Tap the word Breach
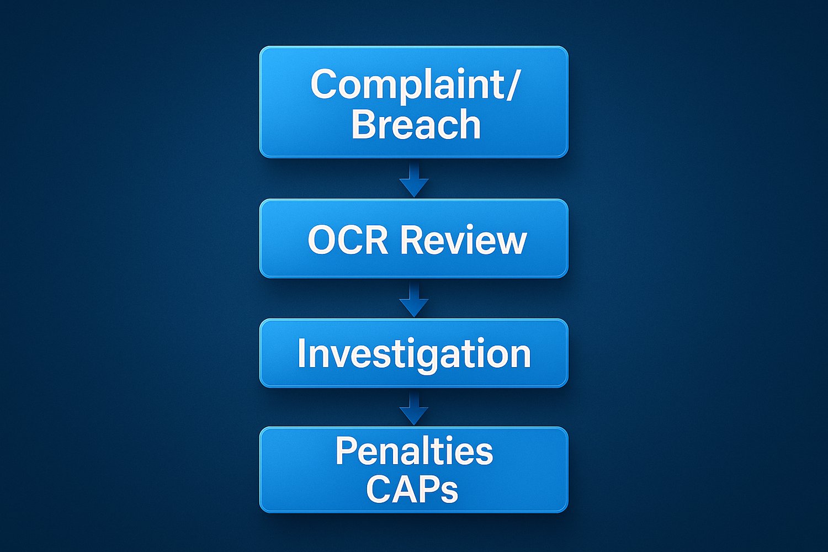pyautogui.click(x=416, y=124)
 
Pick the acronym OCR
pyautogui.click(x=348, y=240)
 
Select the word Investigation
pyautogui.click(x=413, y=354)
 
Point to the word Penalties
pyautogui.click(x=413, y=451)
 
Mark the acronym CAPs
pyautogui.click(x=412, y=489)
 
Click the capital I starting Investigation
pyautogui.click(x=301, y=353)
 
